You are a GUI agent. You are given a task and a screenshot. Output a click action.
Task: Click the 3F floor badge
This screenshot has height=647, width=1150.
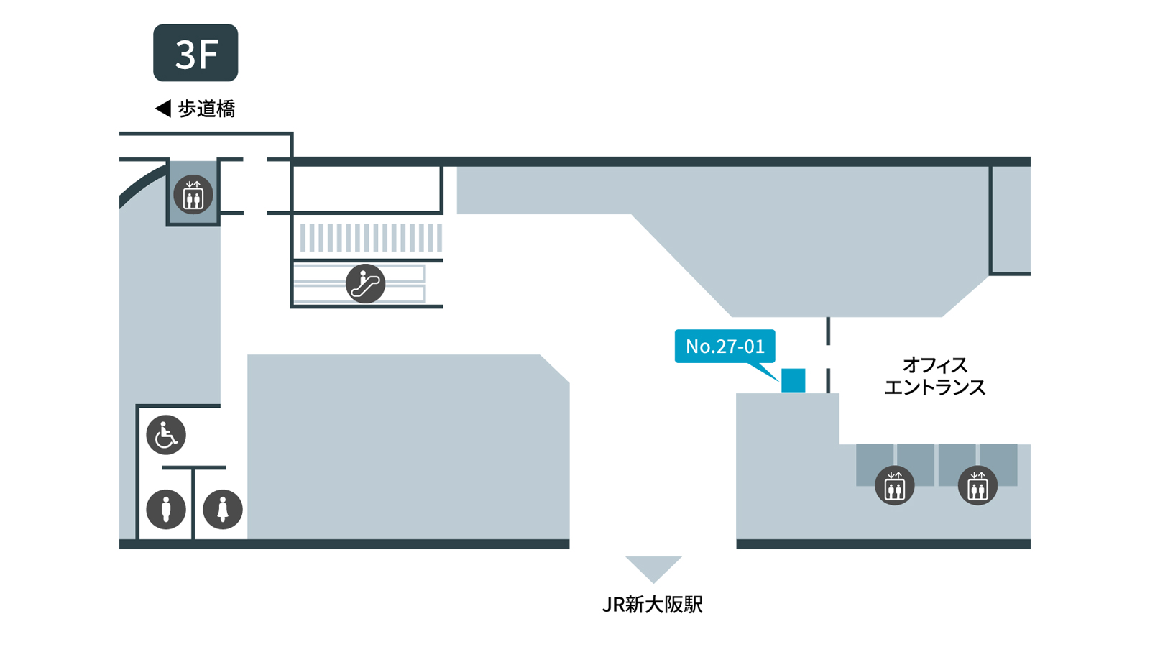coord(195,52)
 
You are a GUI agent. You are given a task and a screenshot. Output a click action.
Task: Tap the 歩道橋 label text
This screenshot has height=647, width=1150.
coord(206,109)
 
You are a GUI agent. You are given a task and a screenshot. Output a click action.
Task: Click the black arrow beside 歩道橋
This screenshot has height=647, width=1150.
coord(162,109)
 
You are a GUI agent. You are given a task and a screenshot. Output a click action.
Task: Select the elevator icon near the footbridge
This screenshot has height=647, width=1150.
coord(193,195)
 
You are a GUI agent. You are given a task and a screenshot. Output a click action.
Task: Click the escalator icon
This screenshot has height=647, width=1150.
coord(366,283)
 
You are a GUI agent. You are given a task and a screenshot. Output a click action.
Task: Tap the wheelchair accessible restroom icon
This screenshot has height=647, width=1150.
coord(166,435)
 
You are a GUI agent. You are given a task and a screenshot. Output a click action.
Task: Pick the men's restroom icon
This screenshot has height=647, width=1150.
coord(166,510)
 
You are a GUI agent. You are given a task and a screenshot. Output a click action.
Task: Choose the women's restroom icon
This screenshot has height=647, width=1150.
coord(223,510)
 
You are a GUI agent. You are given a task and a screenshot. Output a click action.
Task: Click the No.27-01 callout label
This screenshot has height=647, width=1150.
coord(725,346)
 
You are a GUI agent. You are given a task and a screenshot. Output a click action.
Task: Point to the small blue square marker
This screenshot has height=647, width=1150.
coord(793,380)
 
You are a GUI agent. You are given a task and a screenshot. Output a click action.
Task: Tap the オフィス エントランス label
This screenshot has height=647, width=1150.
coord(935,377)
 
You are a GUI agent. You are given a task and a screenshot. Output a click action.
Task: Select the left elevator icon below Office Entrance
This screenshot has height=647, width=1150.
coord(894,485)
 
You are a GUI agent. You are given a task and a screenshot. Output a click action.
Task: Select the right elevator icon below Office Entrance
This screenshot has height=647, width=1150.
coord(977,485)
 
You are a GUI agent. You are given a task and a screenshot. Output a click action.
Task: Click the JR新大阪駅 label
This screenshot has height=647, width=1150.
coord(653,605)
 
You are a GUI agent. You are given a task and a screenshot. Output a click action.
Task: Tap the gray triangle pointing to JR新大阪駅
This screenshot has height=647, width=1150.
coord(653,567)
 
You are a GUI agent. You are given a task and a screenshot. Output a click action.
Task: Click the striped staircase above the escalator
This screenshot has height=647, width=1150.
coord(371,238)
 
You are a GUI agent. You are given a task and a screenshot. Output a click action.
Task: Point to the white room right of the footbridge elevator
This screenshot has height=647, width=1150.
coord(366,188)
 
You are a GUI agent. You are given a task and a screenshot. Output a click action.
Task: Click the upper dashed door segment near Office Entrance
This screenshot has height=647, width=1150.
coord(828,331)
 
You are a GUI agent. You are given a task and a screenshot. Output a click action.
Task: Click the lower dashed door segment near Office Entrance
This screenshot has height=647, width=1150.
coord(828,380)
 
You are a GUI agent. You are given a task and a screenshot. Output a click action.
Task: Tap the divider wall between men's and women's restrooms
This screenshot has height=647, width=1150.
coord(193,503)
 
